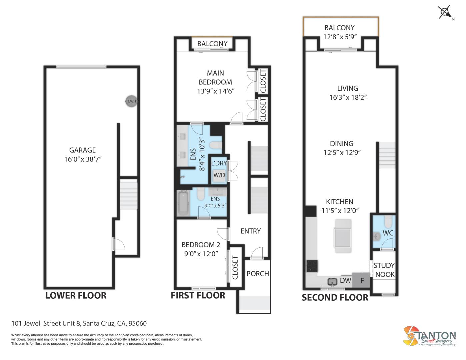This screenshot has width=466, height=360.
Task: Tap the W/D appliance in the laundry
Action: (219, 175)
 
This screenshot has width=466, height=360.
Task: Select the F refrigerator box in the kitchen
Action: (362, 280)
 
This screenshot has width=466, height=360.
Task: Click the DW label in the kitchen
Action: (345, 280)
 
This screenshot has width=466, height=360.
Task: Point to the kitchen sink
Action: (332, 282)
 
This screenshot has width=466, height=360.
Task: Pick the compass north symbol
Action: (445, 13)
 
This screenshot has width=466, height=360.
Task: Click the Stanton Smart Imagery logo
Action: (429, 337)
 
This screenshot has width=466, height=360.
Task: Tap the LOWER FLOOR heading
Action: (76, 295)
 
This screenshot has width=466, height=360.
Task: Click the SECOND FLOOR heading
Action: (335, 297)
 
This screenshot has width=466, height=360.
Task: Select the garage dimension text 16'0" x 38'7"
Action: (83, 159)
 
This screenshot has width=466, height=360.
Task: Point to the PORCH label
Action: (258, 274)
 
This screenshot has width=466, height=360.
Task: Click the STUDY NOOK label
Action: (384, 270)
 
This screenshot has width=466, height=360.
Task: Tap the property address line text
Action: (79, 323)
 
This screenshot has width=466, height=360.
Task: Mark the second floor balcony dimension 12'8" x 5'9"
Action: (340, 37)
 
